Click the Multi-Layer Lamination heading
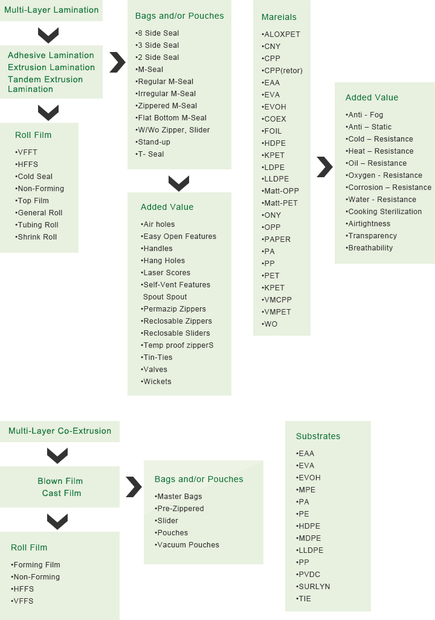click(x=51, y=10)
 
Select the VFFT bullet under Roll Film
click(x=26, y=152)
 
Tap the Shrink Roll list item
click(x=36, y=237)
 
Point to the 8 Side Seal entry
click(x=157, y=33)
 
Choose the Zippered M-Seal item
click(x=166, y=106)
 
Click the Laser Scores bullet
click(x=166, y=272)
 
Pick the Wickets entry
click(x=156, y=382)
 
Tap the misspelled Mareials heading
click(x=279, y=17)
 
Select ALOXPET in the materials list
click(x=281, y=34)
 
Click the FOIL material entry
click(x=272, y=131)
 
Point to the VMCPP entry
click(x=277, y=300)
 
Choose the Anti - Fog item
click(x=364, y=115)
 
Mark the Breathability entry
click(x=369, y=248)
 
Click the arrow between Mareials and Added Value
click(x=325, y=167)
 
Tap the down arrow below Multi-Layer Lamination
click(x=48, y=36)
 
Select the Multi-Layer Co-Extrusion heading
click(x=60, y=431)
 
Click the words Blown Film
click(x=60, y=481)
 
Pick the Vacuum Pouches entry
click(x=187, y=545)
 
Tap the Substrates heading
click(x=318, y=436)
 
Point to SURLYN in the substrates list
click(x=313, y=587)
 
